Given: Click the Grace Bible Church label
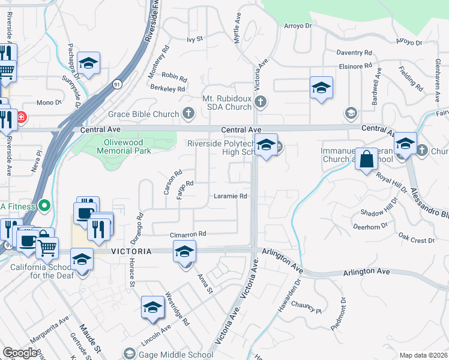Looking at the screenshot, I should tap(143, 114).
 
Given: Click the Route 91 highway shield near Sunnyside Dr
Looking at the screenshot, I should tap(116, 85).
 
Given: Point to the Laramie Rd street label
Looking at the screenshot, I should tap(231, 196).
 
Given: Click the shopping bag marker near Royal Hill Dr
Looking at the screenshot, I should tap(366, 160).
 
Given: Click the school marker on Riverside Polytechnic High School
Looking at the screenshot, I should tap(266, 145).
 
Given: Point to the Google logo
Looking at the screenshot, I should tap(20, 353).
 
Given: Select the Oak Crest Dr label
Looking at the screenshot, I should tap(416, 240).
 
